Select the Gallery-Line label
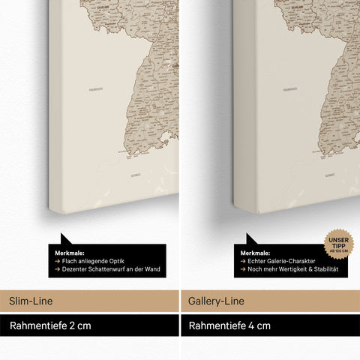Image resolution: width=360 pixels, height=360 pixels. (x=214, y=300)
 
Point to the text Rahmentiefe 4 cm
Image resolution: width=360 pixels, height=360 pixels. (x=229, y=326)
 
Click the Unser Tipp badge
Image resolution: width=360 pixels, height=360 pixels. (x=339, y=244)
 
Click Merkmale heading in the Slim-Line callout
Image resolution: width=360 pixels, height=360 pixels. (x=70, y=253)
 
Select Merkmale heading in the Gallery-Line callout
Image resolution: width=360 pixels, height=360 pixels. (x=256, y=253)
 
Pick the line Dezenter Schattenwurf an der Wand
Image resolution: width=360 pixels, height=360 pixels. (x=109, y=268)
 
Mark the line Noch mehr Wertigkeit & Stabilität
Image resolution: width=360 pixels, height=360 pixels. (x=292, y=268)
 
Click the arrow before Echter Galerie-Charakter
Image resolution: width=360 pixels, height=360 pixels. (x=243, y=261)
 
